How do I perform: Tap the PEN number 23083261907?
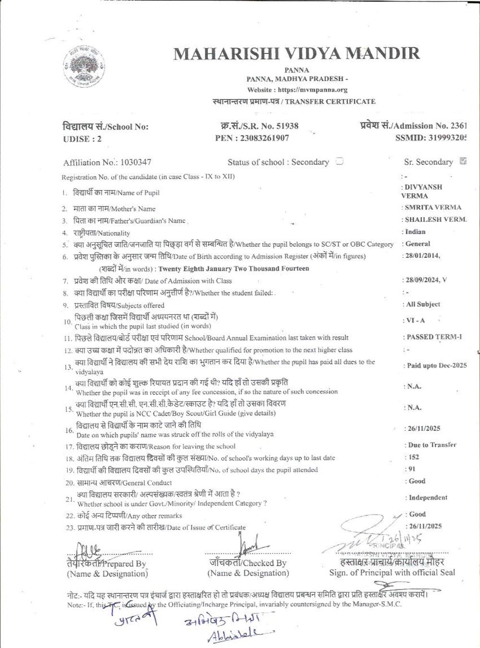pos(265,138)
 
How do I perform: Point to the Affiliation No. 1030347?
pos(136,162)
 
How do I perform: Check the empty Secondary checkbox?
pos(339,161)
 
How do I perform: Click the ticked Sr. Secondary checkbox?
pos(463,161)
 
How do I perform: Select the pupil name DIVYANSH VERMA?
pos(422,192)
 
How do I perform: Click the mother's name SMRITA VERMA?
pos(433,208)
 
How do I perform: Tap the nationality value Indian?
pos(415,232)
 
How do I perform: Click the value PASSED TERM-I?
pos(434,337)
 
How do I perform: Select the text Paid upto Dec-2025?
pos(437,366)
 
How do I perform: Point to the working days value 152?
pos(413,457)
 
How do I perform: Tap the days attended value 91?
pos(411,469)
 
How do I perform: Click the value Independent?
pos(428,498)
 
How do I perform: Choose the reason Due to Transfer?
pos(432,445)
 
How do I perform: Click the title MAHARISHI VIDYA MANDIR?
pos(296,53)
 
